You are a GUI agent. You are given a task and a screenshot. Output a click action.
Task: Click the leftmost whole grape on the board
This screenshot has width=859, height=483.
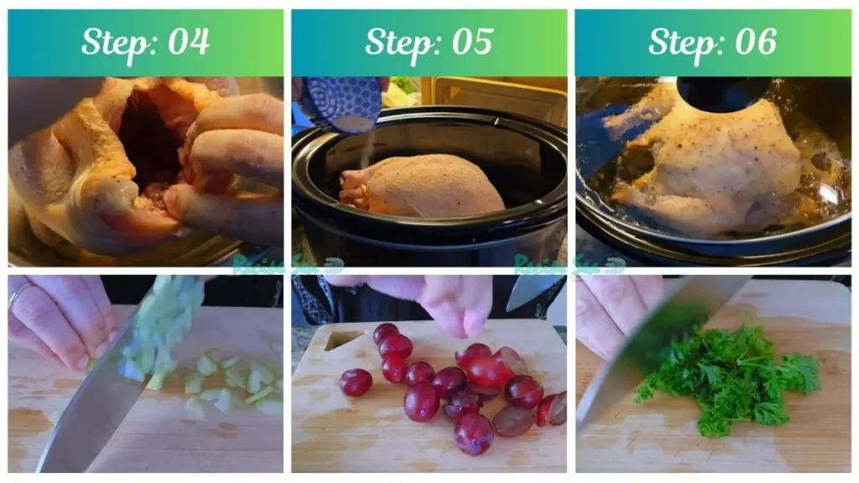point(356,382)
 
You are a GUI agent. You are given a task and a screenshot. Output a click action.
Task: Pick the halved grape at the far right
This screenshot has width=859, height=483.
point(554,409)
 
